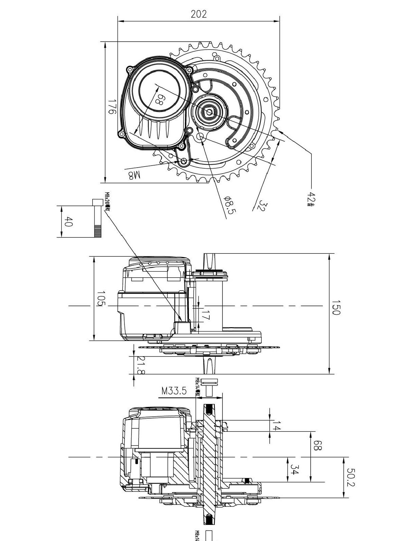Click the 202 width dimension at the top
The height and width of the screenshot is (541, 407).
coord(199,14)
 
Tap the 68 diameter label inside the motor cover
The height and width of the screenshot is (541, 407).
coord(160,99)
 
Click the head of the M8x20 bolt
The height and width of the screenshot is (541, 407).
coord(97,202)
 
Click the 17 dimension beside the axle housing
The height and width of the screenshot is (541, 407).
coord(206,315)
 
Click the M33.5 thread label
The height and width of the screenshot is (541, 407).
coord(174,391)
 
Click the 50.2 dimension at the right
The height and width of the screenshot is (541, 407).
coord(350,477)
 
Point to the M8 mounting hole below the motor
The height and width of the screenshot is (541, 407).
coord(184,161)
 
